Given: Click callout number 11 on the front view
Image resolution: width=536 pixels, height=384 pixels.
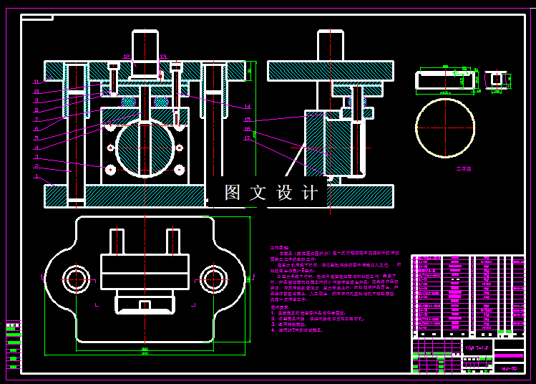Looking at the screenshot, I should (x=36, y=82).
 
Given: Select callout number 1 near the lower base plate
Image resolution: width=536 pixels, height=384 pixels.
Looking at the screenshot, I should (x=36, y=176).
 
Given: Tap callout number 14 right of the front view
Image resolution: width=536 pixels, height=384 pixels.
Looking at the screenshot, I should (x=248, y=107).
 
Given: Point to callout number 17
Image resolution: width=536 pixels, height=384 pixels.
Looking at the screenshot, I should (x=248, y=138).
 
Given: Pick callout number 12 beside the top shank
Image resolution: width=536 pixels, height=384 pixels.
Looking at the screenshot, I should (x=126, y=56).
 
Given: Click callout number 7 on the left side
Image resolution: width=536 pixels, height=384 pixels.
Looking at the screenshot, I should (x=36, y=119).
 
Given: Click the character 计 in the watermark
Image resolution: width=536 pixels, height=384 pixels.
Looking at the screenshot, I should (x=310, y=193).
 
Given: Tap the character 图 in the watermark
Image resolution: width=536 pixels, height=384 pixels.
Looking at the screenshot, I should (x=232, y=193).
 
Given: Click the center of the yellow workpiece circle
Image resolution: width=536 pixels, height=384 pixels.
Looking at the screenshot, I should (x=445, y=128).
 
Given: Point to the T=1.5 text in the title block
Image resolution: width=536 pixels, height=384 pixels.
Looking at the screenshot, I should (x=474, y=347).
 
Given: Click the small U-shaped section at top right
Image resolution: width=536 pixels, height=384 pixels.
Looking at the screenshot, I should (x=494, y=78).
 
